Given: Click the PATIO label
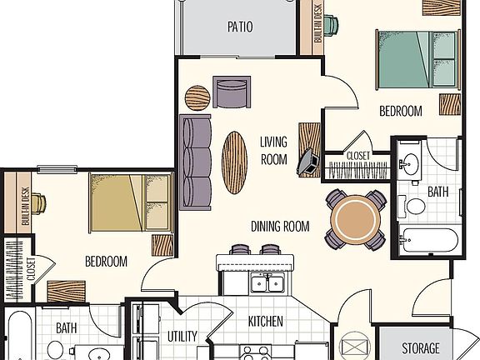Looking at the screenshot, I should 240,27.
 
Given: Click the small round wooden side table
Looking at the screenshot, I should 197,97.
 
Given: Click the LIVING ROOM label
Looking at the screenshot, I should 273,150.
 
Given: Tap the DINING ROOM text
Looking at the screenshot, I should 280,226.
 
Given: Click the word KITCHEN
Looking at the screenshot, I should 265,321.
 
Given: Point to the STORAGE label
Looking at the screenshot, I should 420,347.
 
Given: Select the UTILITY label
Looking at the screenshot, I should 182,337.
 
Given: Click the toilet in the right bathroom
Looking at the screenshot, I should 415,205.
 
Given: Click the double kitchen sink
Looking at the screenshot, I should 267,284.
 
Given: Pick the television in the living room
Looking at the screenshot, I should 307,162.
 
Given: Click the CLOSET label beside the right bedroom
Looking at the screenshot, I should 357,155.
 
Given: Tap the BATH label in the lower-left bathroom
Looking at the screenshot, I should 67,328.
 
